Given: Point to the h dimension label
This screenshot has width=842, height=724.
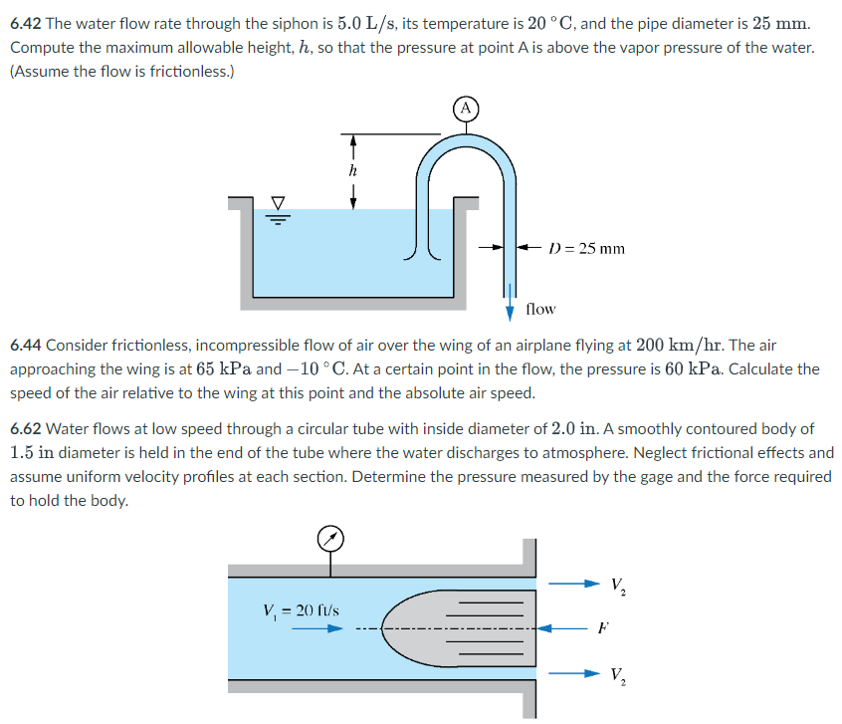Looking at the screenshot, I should click(351, 170).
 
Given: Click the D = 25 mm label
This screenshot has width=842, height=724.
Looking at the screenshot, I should click(586, 248).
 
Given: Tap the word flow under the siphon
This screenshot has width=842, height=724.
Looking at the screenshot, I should click(540, 309).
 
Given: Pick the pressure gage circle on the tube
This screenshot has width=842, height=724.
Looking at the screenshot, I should click(331, 539).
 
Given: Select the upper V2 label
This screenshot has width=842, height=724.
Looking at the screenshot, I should click(619, 584).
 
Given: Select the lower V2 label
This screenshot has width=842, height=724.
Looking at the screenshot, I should click(619, 675).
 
